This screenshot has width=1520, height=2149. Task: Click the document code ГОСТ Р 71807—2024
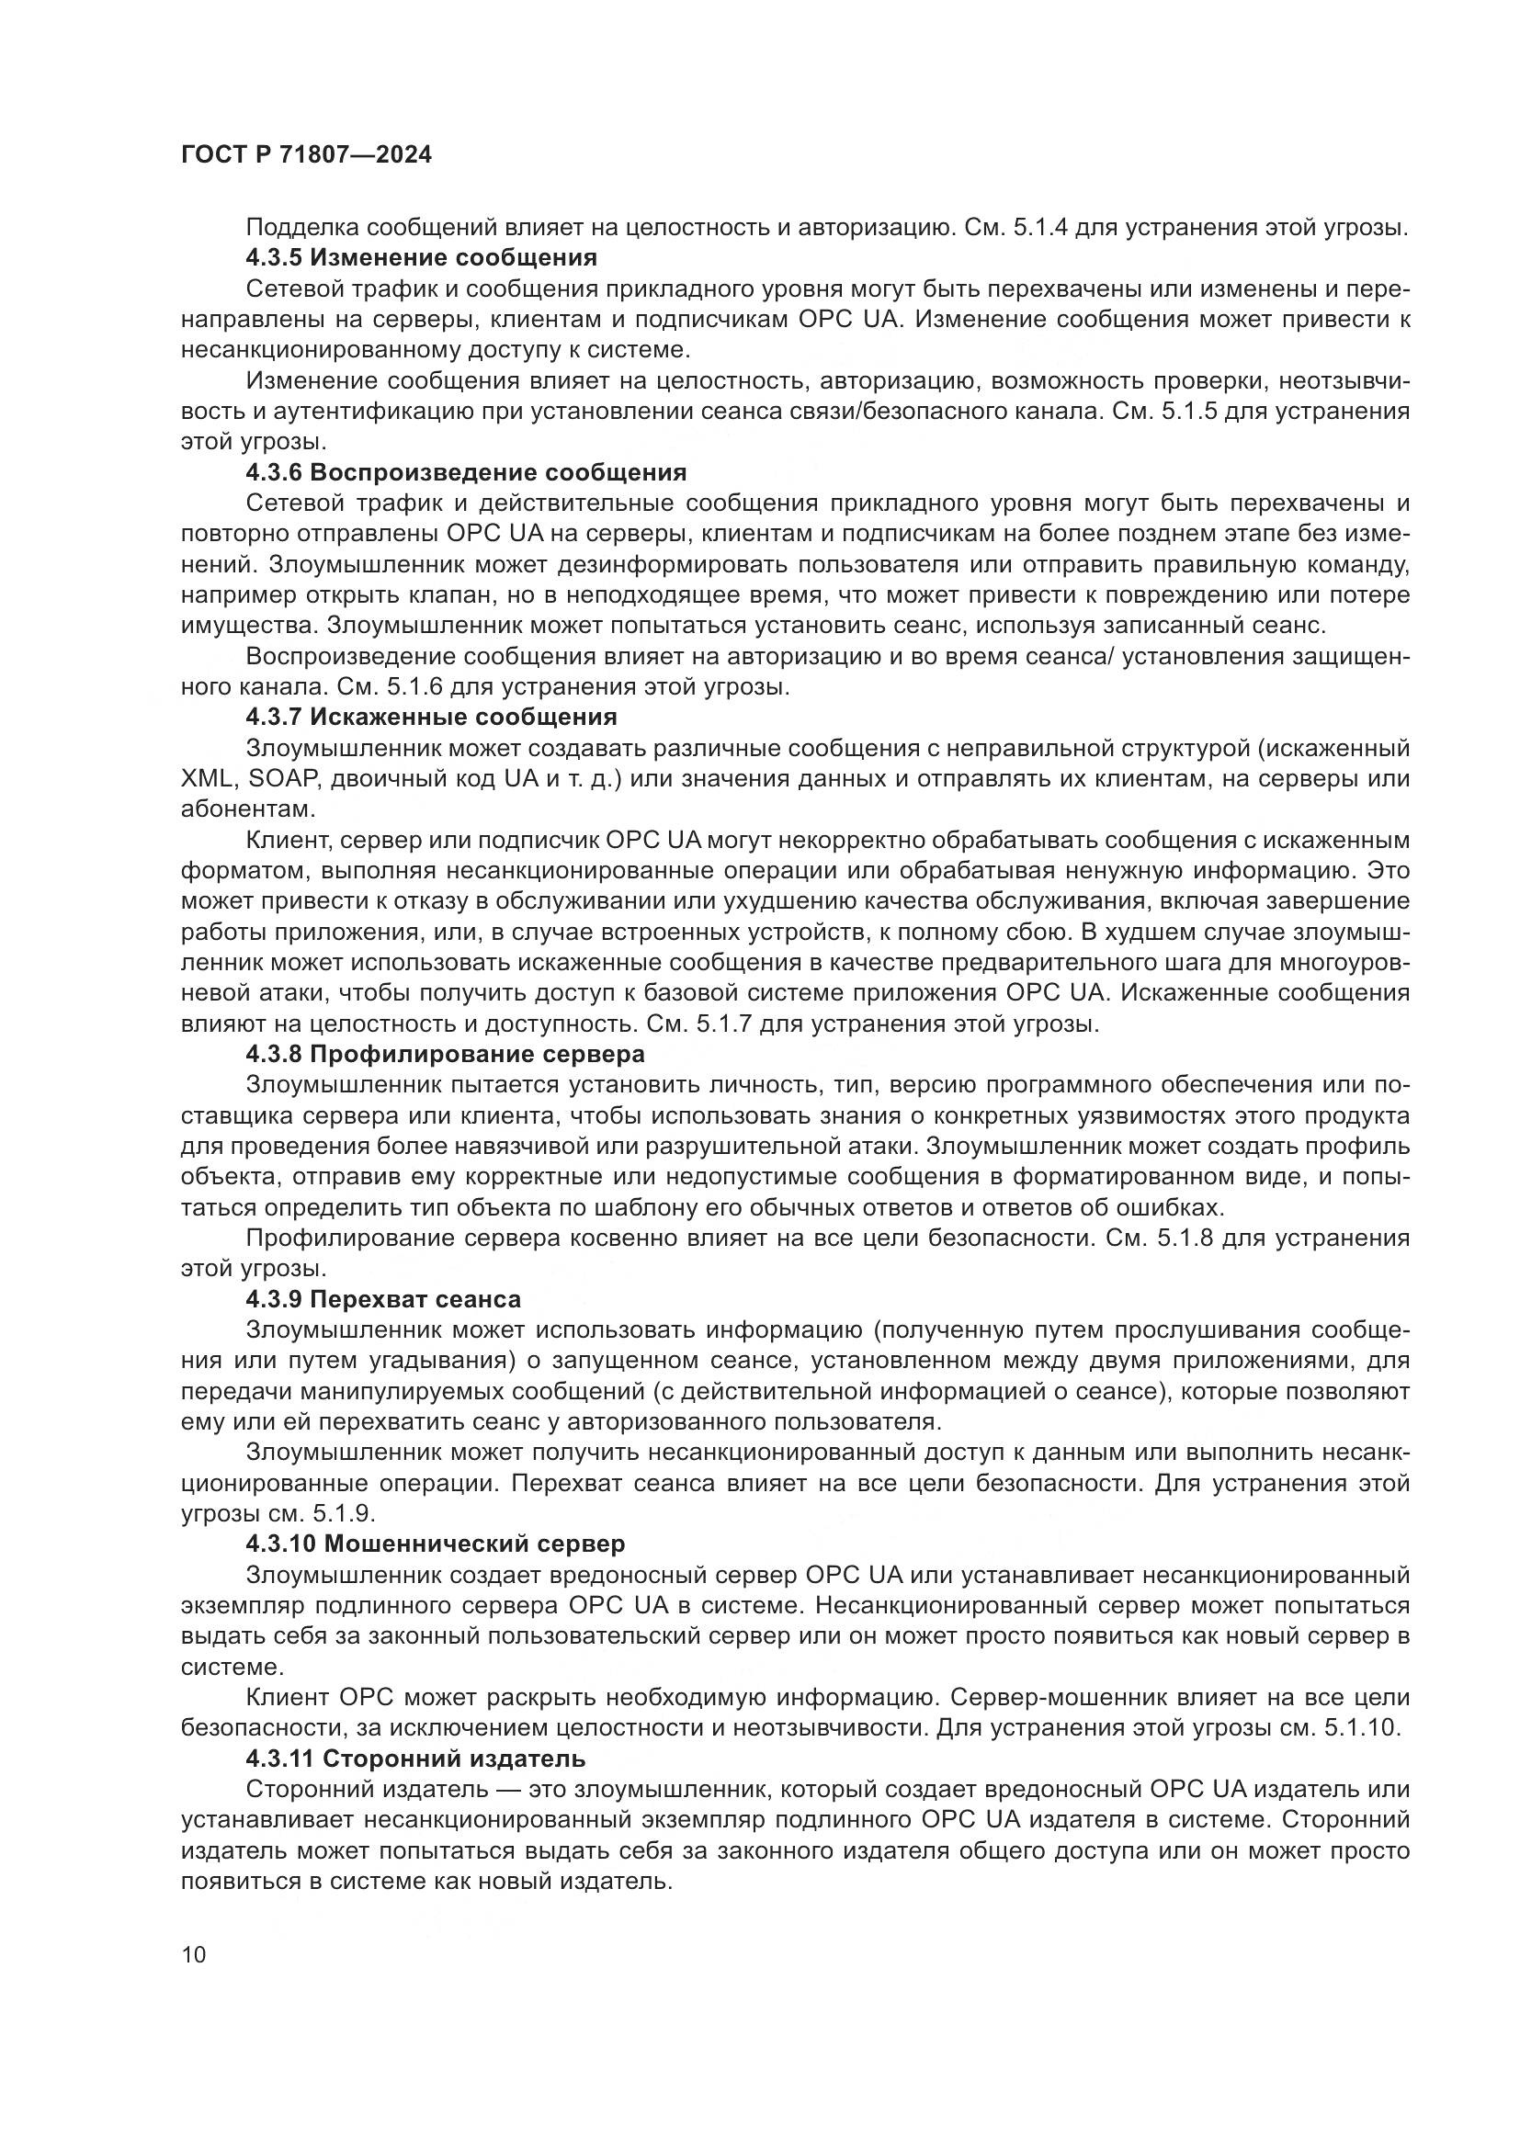click(306, 154)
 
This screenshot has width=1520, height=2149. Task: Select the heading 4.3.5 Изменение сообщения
click(421, 257)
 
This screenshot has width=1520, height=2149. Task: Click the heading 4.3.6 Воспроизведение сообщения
click(466, 471)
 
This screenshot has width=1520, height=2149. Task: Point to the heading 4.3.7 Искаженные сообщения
click(432, 717)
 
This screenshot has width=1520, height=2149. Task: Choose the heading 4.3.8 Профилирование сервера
click(446, 1054)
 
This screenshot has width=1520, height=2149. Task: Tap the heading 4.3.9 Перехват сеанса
click(384, 1299)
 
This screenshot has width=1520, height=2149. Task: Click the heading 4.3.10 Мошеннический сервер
click(436, 1544)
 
